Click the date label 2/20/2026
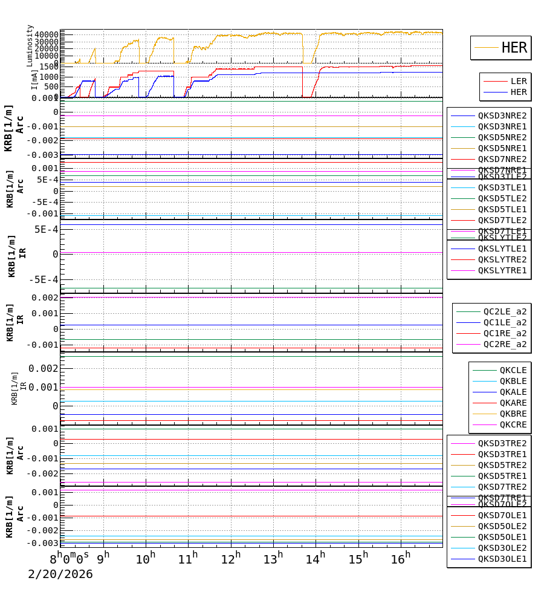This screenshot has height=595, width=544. [x=60, y=574]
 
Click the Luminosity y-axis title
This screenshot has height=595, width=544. [x=30, y=45]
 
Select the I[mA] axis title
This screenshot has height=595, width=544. [x=34, y=79]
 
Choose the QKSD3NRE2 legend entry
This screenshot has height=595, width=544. [x=502, y=115]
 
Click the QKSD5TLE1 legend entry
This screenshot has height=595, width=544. [x=502, y=209]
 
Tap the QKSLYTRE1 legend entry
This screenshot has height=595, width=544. [x=502, y=270]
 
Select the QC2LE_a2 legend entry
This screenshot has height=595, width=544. [x=505, y=311]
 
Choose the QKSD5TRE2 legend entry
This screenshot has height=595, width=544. [x=502, y=465]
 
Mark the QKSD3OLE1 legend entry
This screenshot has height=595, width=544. [x=502, y=559]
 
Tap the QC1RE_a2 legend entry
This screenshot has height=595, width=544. [x=505, y=333]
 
